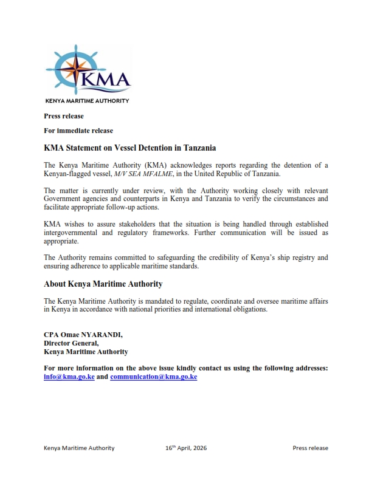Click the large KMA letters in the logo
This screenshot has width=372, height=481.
point(106,80)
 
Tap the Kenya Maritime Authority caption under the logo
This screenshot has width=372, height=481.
point(87,101)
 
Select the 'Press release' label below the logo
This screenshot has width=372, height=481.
point(64,116)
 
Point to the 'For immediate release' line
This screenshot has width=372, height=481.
point(78,131)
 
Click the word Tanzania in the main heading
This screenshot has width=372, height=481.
point(195,148)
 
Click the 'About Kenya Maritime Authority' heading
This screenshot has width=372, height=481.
point(103,284)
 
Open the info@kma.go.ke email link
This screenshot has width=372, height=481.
point(69,377)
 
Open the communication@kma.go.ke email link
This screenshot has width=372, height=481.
point(153,377)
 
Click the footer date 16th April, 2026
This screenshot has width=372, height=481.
point(190,448)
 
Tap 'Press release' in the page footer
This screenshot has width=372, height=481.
point(310,448)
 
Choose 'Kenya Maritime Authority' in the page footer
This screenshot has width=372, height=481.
point(79,448)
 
